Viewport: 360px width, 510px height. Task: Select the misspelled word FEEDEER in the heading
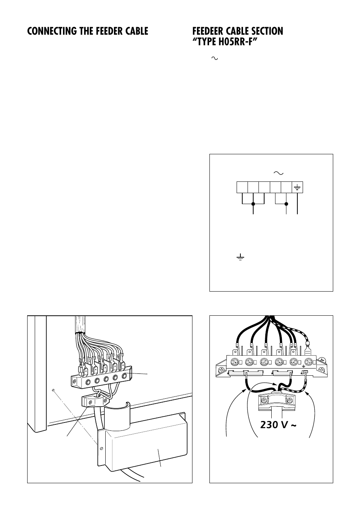(209, 31)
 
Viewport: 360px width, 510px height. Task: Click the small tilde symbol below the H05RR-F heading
(215, 58)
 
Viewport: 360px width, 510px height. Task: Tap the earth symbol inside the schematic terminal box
(298, 187)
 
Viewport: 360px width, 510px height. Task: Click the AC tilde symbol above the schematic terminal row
(278, 173)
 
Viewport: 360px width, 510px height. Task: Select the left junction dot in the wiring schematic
(253, 204)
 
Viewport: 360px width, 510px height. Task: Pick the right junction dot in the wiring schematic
(286, 204)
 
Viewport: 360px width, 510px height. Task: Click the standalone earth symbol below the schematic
(240, 258)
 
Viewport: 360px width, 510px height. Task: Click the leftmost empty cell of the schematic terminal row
(242, 187)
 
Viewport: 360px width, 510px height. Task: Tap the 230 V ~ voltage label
(278, 425)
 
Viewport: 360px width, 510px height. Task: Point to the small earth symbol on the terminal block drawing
(303, 366)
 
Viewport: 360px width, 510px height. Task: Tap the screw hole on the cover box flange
(101, 449)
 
